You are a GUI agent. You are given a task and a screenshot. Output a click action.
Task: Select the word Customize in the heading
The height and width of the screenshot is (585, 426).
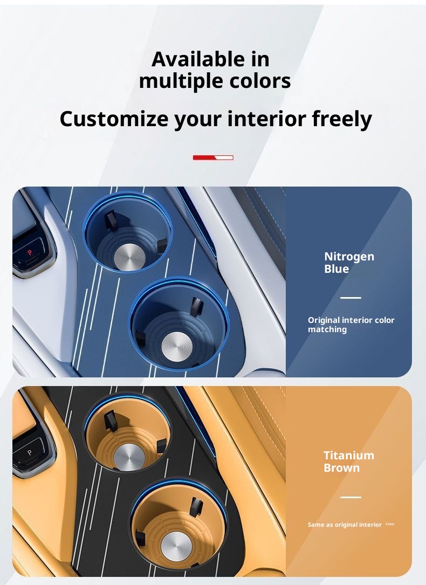click(114, 119)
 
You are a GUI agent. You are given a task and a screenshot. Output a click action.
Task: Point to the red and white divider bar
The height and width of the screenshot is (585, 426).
click(213, 157)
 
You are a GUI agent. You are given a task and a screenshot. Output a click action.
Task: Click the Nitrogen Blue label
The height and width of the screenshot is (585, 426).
click(349, 263)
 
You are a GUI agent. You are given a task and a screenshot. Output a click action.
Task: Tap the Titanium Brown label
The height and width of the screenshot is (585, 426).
click(349, 462)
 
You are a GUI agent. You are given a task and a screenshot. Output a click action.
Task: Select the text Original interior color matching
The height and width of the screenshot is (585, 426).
click(351, 325)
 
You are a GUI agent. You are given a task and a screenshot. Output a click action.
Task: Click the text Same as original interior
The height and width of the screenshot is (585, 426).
click(345, 525)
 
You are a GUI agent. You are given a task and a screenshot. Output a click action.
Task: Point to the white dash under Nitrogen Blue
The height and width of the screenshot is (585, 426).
click(351, 298)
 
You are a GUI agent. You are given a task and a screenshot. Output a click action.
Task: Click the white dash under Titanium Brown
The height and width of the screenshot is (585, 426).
click(351, 497)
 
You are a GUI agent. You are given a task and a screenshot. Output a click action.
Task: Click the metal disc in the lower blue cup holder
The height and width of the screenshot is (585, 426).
click(177, 347)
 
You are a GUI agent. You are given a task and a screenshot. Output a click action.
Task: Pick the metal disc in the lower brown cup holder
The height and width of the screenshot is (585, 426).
click(176, 546)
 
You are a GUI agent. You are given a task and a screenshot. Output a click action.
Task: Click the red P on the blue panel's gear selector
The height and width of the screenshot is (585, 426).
click(30, 252)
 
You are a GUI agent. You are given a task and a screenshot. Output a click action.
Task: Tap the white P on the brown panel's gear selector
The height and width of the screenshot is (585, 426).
click(30, 453)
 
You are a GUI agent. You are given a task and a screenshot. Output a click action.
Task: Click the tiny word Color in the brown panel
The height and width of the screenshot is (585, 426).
click(390, 524)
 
